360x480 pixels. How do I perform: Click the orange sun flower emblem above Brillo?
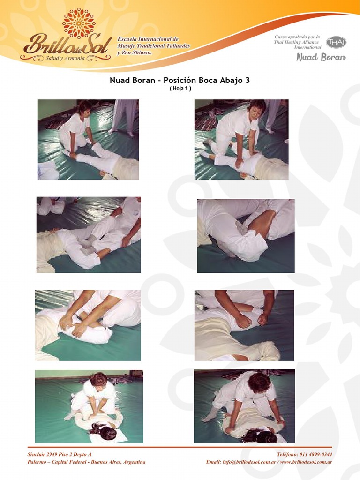coord(79,23)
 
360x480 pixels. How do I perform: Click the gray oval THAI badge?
coord(336,42)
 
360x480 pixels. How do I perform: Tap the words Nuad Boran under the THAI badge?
coord(321,57)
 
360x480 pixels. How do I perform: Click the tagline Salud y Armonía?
coord(65,58)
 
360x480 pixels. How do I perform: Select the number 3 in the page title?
coord(247,80)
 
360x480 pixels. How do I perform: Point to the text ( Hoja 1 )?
coord(180,89)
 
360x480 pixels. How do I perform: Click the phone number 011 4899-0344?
coord(315,454)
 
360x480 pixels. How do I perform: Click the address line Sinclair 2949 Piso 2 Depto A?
coord(60,454)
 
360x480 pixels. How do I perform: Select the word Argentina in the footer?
coord(134,462)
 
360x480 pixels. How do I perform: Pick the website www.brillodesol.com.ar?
coord(306,462)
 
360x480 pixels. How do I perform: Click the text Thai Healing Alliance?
coord(296,42)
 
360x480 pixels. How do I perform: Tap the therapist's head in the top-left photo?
coord(84,107)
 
